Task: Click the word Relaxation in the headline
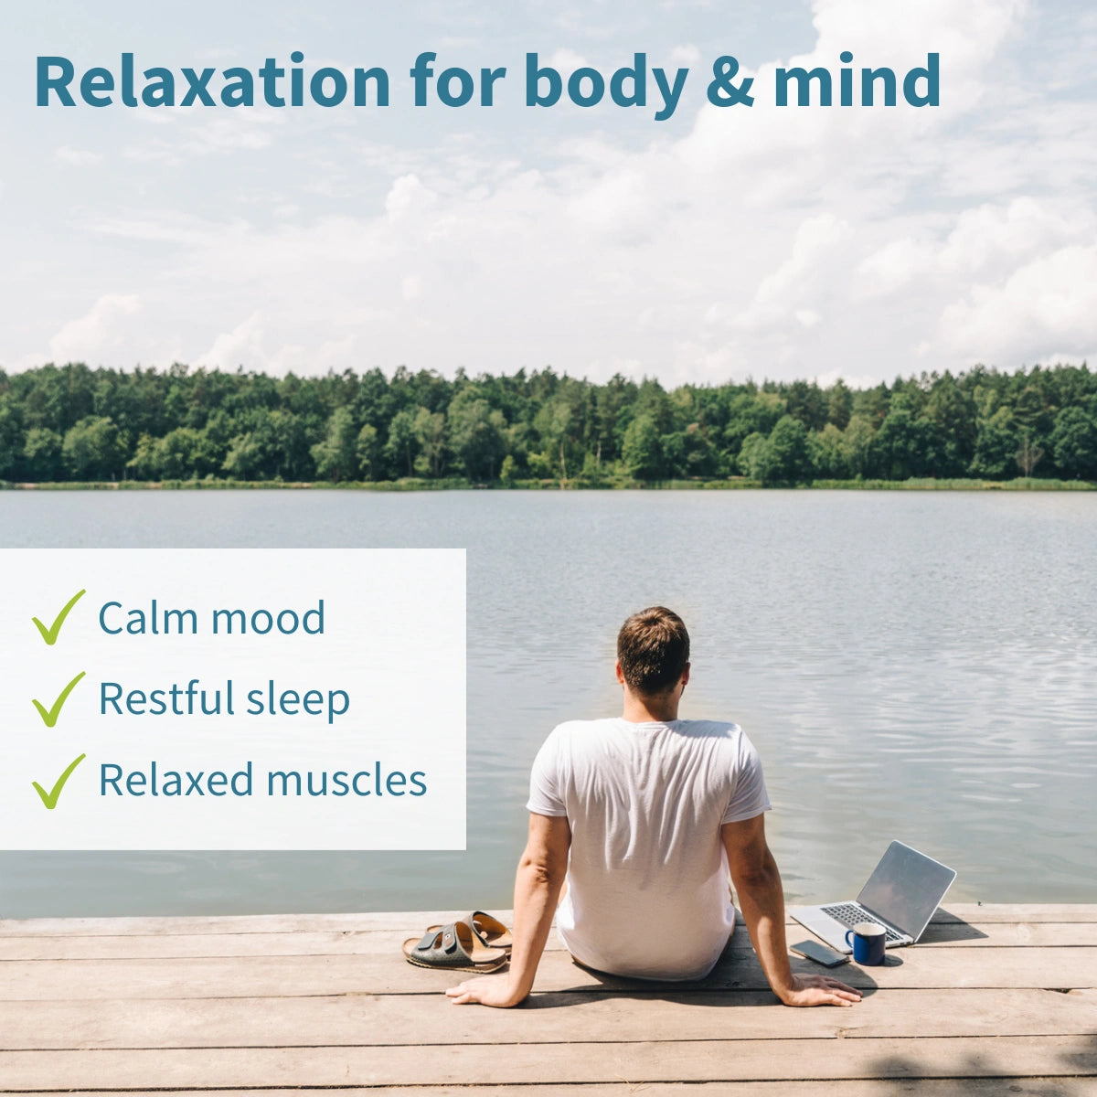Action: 212,80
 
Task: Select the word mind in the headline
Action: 857,80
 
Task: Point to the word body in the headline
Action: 606,85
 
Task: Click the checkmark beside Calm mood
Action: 59,617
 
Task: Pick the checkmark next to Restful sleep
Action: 59,699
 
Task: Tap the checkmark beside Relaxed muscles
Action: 59,781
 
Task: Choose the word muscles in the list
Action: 346,780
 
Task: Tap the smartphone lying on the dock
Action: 819,953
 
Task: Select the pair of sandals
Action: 458,943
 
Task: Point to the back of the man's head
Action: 654,650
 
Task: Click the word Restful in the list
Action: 166,698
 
